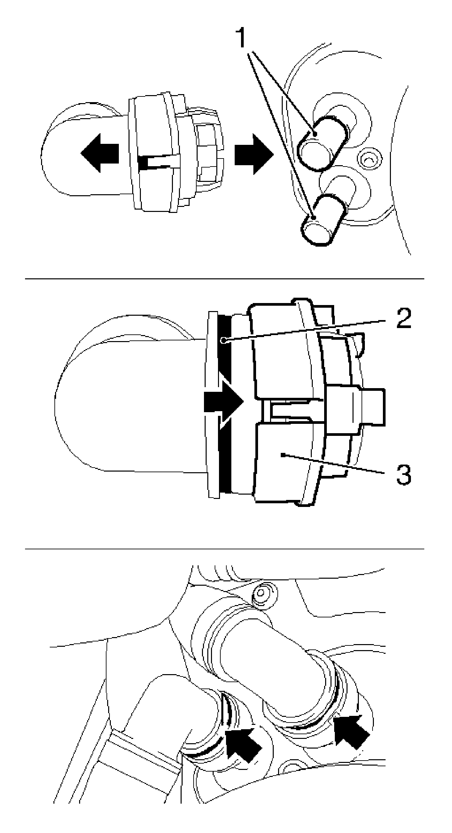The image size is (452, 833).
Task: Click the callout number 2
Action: click(400, 319)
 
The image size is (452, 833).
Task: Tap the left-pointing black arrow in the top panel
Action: click(100, 153)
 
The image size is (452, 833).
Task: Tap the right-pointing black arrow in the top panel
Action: click(254, 154)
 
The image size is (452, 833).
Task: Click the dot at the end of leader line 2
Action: click(224, 340)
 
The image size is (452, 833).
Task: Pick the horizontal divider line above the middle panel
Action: click(225, 278)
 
